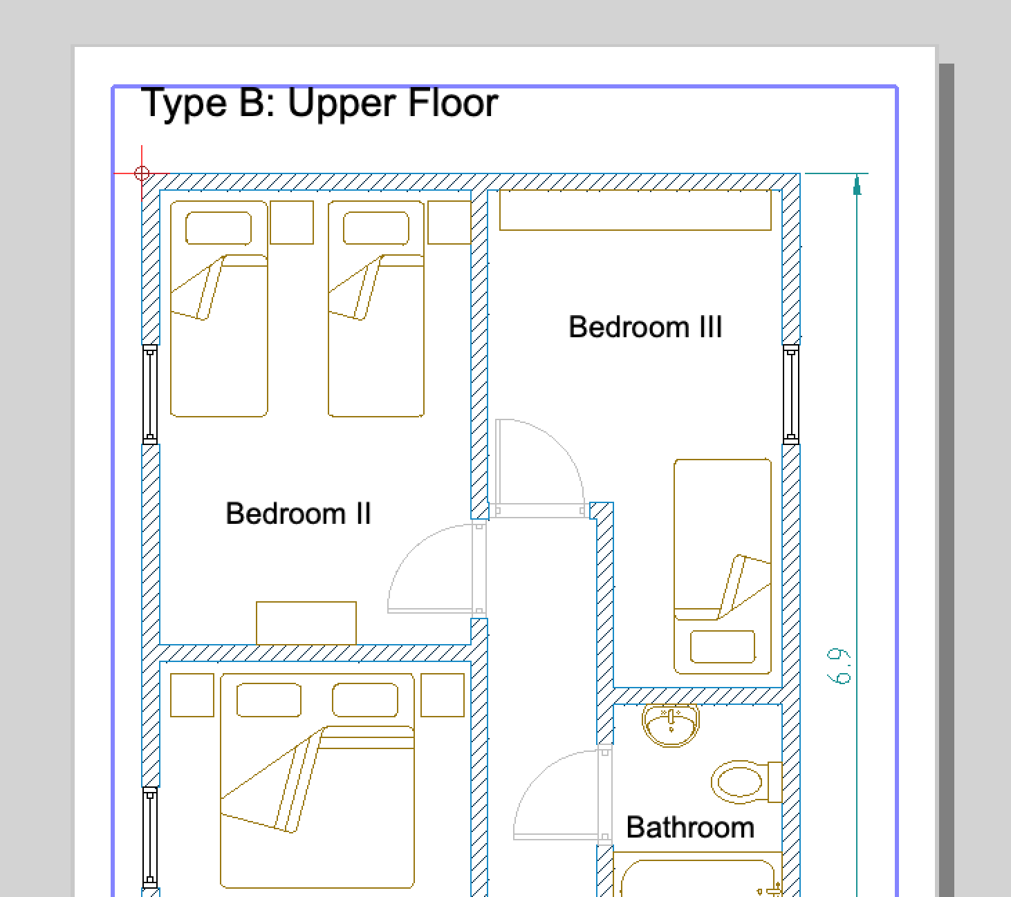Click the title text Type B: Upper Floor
[x=319, y=103]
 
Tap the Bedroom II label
[x=299, y=513]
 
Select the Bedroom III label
[x=645, y=327]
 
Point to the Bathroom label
[x=690, y=827]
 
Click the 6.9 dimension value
[x=839, y=666]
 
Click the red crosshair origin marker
[x=142, y=173]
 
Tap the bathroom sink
[x=671, y=726]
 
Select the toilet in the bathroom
[x=747, y=782]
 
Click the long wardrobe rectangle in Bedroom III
[x=636, y=210]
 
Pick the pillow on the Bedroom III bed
[x=723, y=647]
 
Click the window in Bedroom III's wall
[x=791, y=395]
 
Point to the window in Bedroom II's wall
[x=150, y=395]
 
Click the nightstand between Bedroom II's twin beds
[x=292, y=223]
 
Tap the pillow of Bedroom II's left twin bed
[x=219, y=228]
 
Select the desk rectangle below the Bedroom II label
[x=306, y=623]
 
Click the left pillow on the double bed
[x=269, y=700]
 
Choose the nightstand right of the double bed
[x=443, y=695]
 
